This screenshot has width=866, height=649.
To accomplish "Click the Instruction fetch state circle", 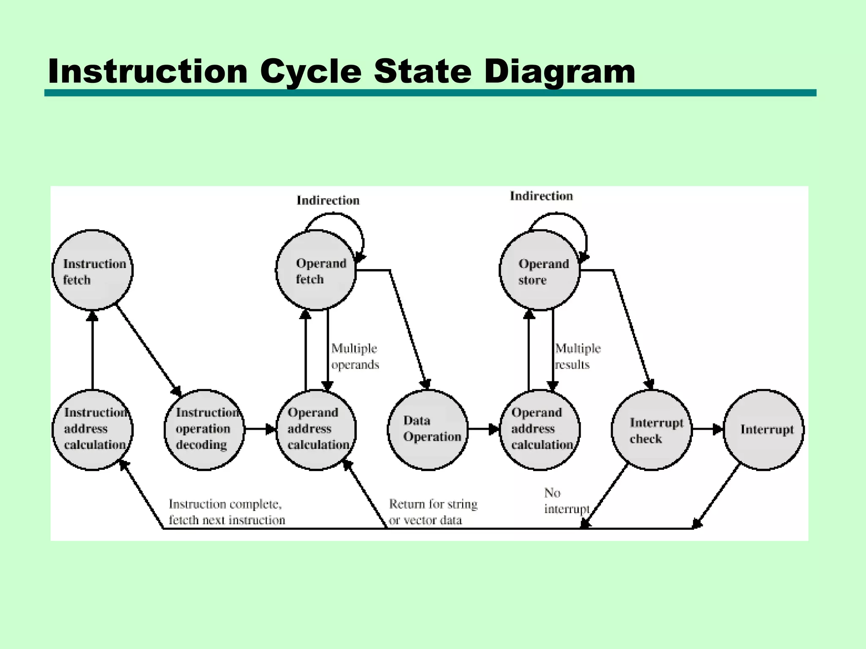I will pos(93,270).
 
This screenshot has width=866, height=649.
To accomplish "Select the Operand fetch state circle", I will pos(316,270).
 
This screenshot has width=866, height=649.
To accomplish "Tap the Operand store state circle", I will pos(540,270).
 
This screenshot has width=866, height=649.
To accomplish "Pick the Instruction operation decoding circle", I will pos(204,429).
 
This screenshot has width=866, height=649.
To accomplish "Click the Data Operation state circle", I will pos(428,429).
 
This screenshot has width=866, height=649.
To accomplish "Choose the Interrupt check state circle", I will pos(652,429).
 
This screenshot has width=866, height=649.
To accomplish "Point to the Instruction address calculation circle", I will pos(93,429).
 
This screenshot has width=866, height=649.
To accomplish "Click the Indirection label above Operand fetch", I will pos(328,200).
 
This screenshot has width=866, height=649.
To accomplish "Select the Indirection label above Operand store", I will pos(541,196).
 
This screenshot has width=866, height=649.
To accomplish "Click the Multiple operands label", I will pos(355,357).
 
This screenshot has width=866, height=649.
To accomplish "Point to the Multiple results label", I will pos(578,357).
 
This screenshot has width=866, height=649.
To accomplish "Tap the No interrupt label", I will pos(566,501).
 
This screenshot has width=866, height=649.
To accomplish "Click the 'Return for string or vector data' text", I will pos(433,512).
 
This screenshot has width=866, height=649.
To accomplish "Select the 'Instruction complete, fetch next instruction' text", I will pos(227,512).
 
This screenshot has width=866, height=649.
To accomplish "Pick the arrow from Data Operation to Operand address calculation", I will pos(484,429).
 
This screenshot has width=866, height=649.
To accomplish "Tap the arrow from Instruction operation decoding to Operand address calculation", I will pos(260,429).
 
